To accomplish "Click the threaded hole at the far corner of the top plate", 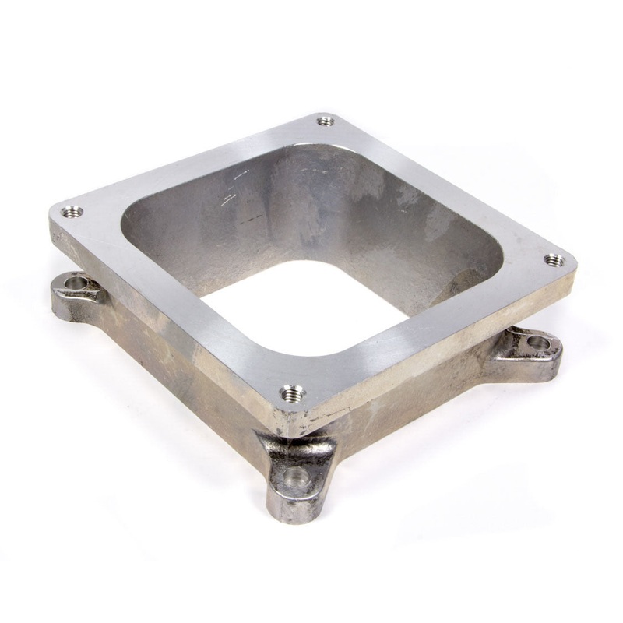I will [326, 121].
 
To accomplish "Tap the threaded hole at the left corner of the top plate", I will [72, 211].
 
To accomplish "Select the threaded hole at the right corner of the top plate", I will [554, 260].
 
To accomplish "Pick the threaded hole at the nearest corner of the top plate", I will [291, 392].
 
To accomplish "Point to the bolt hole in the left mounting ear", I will [76, 282].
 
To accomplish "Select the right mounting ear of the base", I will [530, 351].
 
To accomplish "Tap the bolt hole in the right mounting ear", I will [538, 341].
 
